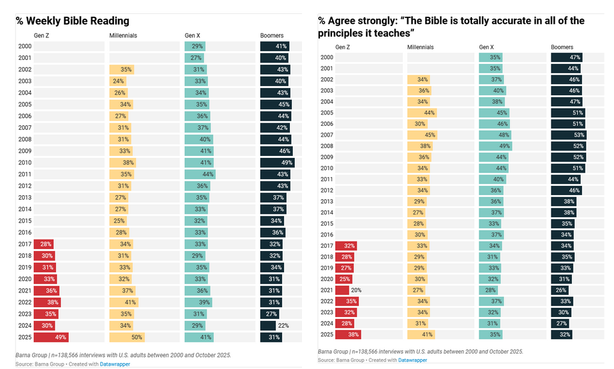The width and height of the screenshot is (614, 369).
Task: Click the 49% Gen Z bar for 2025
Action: [x=51, y=338]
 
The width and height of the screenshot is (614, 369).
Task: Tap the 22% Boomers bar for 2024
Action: [x=268, y=326]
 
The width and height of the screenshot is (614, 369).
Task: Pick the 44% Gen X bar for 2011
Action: [x=199, y=174]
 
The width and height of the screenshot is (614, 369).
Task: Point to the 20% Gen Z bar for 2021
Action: [x=342, y=290]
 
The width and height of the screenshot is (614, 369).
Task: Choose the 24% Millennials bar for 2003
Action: [x=117, y=81]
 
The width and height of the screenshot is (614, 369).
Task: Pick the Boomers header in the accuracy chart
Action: [x=562, y=47]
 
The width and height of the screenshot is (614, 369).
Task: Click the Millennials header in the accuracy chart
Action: [x=420, y=47]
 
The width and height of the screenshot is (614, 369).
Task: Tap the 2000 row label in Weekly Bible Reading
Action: [x=25, y=46]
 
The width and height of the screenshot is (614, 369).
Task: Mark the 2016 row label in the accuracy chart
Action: [x=327, y=235]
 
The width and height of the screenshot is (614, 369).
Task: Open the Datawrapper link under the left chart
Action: [x=116, y=364]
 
